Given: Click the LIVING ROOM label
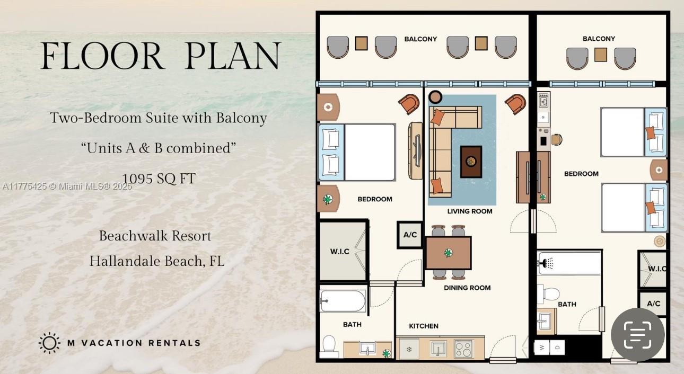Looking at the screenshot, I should tap(469, 211).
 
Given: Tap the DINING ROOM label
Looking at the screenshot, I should tap(467, 288).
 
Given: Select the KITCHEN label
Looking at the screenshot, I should tap(424, 326).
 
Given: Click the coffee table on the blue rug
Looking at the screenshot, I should tap(471, 162).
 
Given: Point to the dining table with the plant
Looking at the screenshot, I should tap(448, 253).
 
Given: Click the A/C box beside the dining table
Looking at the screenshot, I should tap(410, 235).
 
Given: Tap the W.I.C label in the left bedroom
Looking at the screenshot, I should tap(339, 251).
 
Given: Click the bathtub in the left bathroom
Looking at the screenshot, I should tap(343, 301).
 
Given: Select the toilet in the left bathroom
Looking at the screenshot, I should tap(329, 345).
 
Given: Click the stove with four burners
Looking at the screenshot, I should tap(463, 350).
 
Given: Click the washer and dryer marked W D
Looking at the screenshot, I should tap(549, 348).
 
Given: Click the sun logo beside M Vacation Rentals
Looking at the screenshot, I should tap(49, 343).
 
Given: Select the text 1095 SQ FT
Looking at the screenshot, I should tap(159, 179).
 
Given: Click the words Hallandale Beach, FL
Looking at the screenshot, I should tap(156, 261).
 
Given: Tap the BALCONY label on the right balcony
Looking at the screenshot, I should tap(599, 39).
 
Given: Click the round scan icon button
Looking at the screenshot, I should tap(637, 335).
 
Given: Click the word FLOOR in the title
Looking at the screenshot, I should tap(102, 56).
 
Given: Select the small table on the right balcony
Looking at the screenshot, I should tap(600, 55).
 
